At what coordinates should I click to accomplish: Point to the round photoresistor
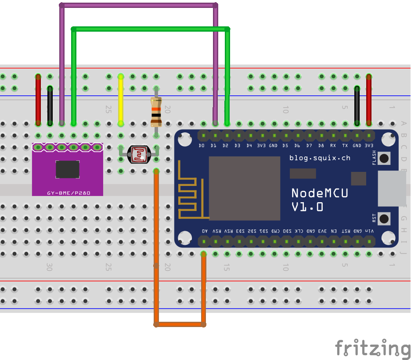pyautogui.click(x=138, y=154)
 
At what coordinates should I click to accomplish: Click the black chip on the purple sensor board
pyautogui.click(x=67, y=169)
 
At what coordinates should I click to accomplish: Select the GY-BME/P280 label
pyautogui.click(x=67, y=193)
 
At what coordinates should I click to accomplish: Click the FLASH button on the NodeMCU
pyautogui.click(x=385, y=158)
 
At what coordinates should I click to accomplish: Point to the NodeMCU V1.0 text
pyautogui.click(x=319, y=199)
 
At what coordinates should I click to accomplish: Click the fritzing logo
pyautogui.click(x=373, y=348)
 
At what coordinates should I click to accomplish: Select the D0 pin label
pyautogui.click(x=202, y=145)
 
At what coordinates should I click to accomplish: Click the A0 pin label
pyautogui.click(x=204, y=231)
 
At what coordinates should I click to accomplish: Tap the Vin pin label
pyautogui.click(x=370, y=231)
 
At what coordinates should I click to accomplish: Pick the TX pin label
pyautogui.click(x=345, y=145)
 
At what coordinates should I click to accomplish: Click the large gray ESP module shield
pyautogui.click(x=244, y=188)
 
